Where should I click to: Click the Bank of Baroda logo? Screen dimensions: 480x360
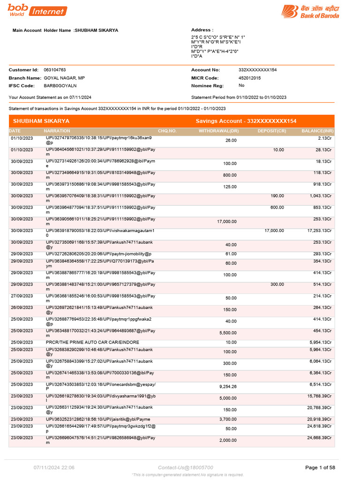[x=310, y=11]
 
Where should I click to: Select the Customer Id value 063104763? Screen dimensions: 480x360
[x=55, y=70]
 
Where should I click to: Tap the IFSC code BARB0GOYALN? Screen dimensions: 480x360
[x=60, y=86]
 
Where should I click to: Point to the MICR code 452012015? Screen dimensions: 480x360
[x=249, y=78]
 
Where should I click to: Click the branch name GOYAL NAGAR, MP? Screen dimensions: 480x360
[x=64, y=78]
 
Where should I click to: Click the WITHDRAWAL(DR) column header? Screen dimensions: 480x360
[x=218, y=131]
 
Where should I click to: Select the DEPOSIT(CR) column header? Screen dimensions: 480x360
[x=271, y=131]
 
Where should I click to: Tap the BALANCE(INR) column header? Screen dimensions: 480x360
[x=317, y=131]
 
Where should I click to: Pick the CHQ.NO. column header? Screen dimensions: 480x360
[x=167, y=131]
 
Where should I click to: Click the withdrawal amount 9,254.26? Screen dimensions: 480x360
[x=228, y=387]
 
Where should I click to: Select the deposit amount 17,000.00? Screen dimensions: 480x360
[x=274, y=231]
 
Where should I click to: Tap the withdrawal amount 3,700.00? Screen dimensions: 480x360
[x=228, y=419]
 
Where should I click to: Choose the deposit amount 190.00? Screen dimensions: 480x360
[x=277, y=196]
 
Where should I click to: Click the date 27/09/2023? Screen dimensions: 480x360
[x=22, y=296]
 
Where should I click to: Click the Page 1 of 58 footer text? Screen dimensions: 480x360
[x=320, y=467]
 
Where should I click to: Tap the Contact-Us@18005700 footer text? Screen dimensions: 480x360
[x=186, y=467]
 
